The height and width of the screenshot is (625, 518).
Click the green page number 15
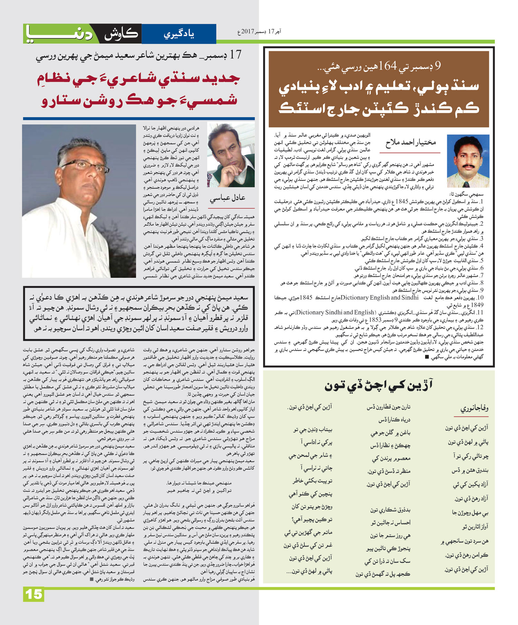pos(34,594)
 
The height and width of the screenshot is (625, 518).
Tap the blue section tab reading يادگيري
pos(179,34)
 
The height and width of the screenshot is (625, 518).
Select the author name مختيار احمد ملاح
pos(411,142)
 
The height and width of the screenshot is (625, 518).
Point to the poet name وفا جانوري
pos(474,408)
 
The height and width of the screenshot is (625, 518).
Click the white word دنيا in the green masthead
pos(59,34)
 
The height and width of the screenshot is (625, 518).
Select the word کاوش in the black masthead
pos(121,34)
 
